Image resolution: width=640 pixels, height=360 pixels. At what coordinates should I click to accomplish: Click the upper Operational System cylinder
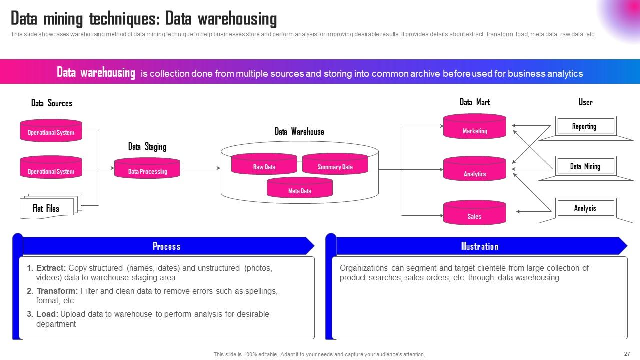(x=51, y=131)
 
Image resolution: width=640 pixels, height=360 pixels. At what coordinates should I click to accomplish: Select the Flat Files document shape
(x=46, y=207)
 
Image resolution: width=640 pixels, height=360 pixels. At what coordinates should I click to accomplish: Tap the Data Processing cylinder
(x=147, y=170)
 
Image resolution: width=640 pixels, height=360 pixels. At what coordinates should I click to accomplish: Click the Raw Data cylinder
(x=264, y=165)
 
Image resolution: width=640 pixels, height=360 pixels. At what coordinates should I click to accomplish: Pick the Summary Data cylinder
(x=335, y=165)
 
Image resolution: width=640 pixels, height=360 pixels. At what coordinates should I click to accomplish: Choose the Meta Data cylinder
(x=299, y=189)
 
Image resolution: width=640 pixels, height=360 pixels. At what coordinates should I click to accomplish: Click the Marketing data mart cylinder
(x=474, y=129)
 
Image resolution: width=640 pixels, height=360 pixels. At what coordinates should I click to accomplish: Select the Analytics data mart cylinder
(x=474, y=172)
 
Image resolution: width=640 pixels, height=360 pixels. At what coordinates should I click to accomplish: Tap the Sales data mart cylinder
(x=474, y=214)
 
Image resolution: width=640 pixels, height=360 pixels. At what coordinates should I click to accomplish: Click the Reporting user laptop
(x=585, y=128)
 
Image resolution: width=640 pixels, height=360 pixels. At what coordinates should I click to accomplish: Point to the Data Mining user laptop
(x=585, y=168)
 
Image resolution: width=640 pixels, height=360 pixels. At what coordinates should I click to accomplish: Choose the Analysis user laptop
(x=585, y=210)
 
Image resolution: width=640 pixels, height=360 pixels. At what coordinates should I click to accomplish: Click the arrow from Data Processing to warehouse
(x=200, y=168)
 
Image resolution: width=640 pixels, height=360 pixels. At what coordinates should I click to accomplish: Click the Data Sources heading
(x=51, y=103)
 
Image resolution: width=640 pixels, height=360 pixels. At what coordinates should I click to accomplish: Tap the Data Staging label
(x=147, y=147)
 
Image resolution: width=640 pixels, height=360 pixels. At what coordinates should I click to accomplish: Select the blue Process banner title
(x=166, y=246)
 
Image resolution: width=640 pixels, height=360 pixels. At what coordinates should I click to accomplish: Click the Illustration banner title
(x=479, y=246)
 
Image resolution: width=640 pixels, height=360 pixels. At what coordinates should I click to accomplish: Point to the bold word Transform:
(x=57, y=291)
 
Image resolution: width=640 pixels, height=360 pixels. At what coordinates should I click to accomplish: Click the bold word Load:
(x=47, y=314)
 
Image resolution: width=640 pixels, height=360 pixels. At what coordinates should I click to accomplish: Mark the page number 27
(x=627, y=353)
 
